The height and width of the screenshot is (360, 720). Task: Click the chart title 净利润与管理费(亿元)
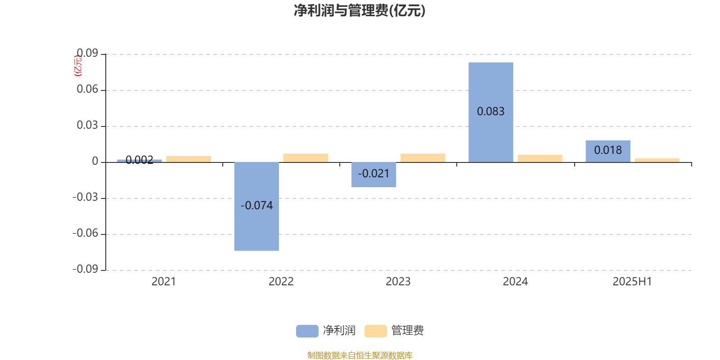360,11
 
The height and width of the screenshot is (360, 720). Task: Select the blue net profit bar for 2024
491,112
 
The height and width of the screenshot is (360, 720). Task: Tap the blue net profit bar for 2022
256,207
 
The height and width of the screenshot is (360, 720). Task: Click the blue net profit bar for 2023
373,175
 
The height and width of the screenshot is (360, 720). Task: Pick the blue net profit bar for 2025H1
608,151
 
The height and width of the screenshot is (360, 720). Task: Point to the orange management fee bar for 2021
189,159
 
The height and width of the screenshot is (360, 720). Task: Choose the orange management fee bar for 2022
306,158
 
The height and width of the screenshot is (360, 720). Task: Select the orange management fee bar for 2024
540,158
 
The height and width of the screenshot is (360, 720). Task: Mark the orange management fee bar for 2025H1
657,160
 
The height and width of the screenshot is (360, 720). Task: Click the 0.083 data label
491,112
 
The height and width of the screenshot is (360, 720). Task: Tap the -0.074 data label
256,205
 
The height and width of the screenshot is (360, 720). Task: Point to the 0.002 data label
139,160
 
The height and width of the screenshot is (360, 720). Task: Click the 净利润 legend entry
326,331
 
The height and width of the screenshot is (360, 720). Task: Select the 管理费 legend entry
394,331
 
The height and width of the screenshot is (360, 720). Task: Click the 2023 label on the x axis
398,282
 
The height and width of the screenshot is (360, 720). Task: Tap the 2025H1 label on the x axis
632,282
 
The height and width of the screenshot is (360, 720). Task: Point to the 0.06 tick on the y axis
87,89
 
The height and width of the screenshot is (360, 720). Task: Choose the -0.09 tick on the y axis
85,269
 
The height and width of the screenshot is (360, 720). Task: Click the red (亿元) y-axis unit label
78,66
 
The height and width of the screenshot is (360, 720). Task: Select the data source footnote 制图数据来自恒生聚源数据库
360,355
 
